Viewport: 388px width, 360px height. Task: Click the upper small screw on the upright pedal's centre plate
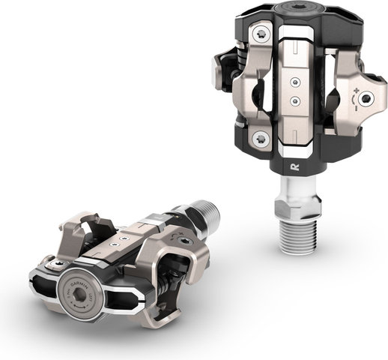294,79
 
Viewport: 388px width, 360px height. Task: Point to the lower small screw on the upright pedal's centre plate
295,99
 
